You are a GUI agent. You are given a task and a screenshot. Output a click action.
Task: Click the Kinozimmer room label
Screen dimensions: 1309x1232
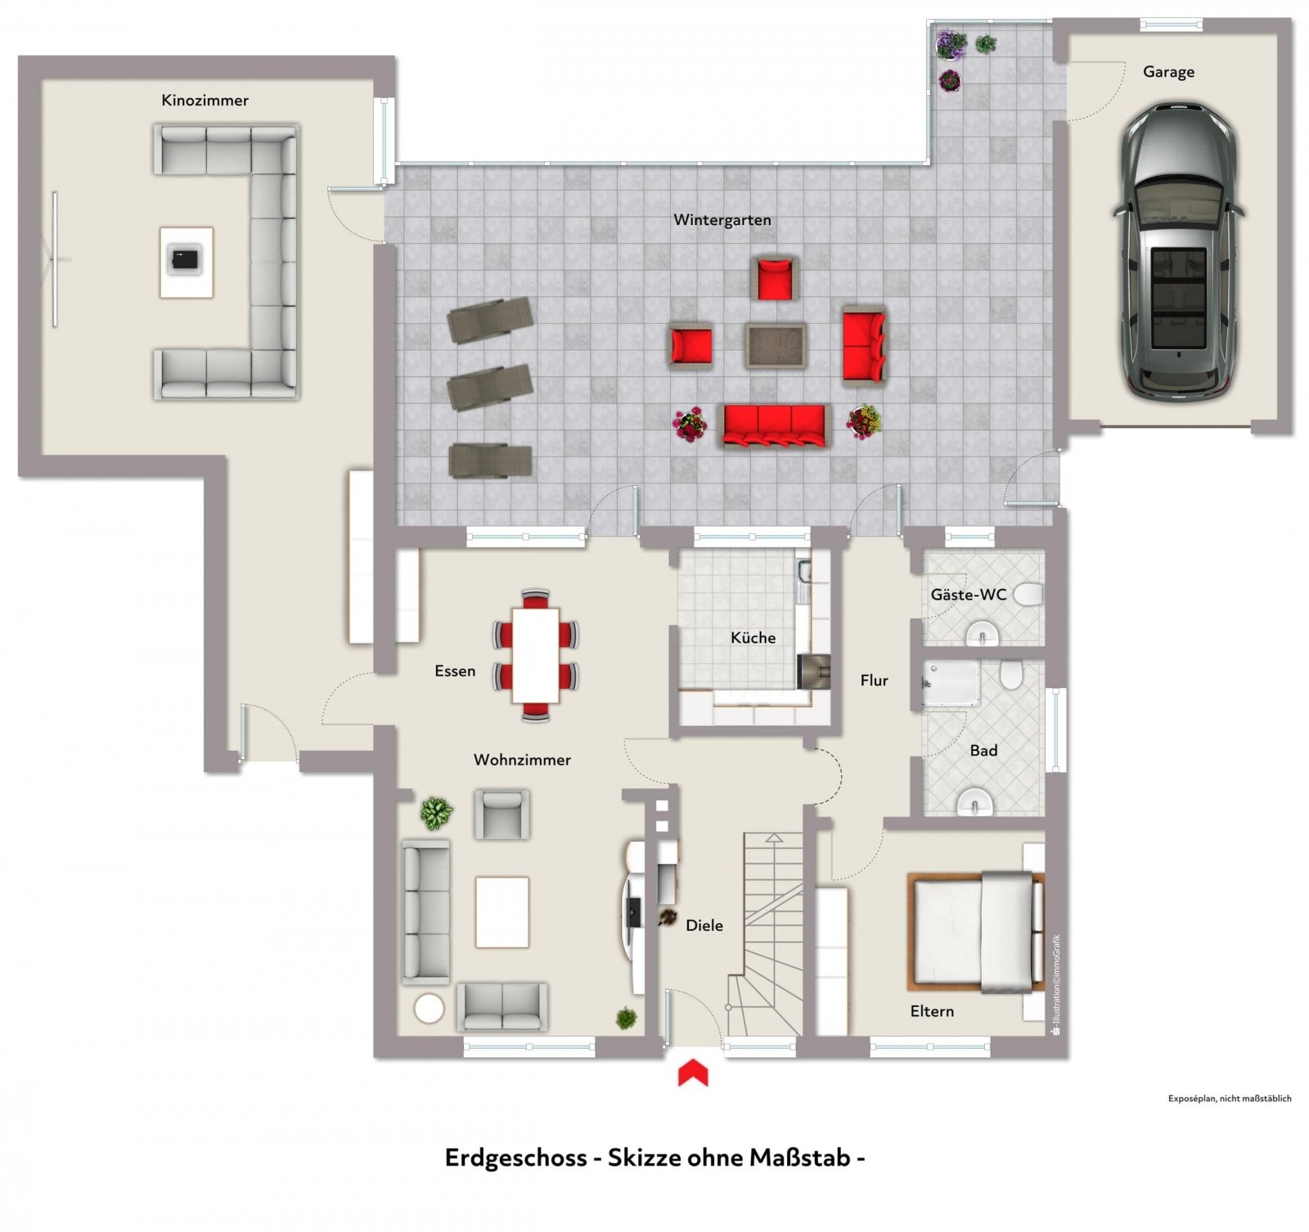(205, 101)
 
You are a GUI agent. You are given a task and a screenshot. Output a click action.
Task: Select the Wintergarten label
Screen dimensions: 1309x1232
(722, 220)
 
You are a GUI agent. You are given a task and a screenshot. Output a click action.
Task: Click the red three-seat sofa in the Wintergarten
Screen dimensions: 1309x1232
(774, 425)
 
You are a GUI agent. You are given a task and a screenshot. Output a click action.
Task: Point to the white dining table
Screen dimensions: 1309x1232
(536, 655)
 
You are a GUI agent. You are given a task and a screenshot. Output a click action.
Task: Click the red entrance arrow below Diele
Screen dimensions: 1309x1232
(693, 1072)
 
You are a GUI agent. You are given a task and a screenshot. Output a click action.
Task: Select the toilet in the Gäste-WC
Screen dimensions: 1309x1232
(1028, 595)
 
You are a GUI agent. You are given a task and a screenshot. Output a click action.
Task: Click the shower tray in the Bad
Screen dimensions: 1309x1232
(951, 683)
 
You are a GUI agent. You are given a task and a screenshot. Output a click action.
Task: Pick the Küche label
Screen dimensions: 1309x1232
(753, 638)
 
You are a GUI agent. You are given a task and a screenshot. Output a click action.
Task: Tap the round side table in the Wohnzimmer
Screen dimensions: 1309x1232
(429, 1009)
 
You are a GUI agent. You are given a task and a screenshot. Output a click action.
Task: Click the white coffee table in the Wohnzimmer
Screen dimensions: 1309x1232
(502, 912)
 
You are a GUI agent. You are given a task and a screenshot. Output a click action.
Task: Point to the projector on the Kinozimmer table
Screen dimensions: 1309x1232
(186, 259)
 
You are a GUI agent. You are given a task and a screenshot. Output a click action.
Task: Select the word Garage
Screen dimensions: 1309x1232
(1168, 72)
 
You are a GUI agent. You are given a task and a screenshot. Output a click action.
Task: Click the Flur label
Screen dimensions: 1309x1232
(874, 681)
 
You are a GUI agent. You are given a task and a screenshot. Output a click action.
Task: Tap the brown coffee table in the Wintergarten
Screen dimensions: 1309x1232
(776, 345)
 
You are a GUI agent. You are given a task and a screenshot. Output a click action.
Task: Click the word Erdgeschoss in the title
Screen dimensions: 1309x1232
(515, 1158)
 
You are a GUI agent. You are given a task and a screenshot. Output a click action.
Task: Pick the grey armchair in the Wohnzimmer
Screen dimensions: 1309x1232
(502, 814)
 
